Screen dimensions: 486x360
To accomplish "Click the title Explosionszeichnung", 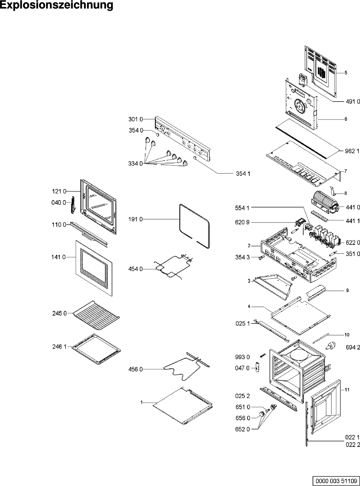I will coord(57,6).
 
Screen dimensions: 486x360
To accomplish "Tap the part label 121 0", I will coord(59,191).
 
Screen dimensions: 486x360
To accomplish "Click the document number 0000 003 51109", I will coord(336,480).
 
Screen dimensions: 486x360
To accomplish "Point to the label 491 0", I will coord(352,102).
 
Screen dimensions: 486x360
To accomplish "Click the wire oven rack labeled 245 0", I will coord(96,316).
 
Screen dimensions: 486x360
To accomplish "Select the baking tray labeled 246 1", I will coord(96,349).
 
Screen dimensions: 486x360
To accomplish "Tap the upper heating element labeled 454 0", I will coord(172,268).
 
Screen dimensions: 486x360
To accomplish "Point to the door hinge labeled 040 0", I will coord(73,205).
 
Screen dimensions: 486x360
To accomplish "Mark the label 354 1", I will coord(243,174).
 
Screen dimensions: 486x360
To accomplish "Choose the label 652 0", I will coord(243,429).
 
